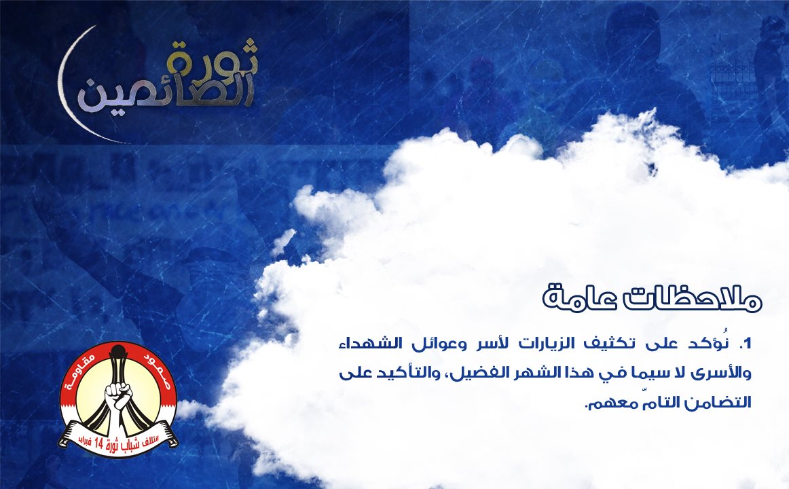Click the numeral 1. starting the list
point(744,344)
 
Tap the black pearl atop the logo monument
point(117,350)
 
